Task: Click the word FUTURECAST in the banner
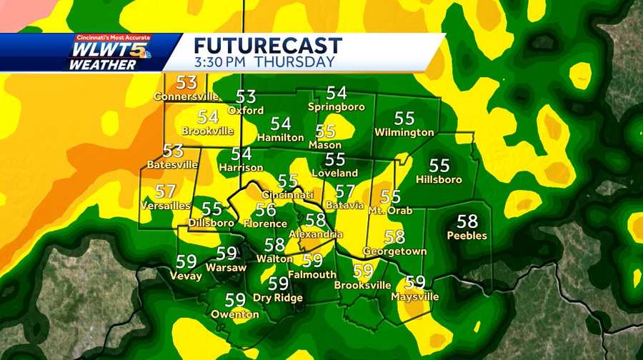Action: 268,45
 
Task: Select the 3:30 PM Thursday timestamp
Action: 264,62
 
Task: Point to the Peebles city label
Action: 467,235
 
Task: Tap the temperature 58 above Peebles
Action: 467,221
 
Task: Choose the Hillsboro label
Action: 439,179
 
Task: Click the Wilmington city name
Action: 404,132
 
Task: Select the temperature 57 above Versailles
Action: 165,191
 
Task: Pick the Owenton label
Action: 235,314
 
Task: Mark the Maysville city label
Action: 415,296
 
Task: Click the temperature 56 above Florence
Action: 266,209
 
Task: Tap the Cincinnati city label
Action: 288,195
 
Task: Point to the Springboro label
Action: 337,106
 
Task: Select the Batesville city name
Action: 172,164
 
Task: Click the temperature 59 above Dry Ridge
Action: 278,284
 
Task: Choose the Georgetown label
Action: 394,251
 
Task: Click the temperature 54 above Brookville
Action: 208,117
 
